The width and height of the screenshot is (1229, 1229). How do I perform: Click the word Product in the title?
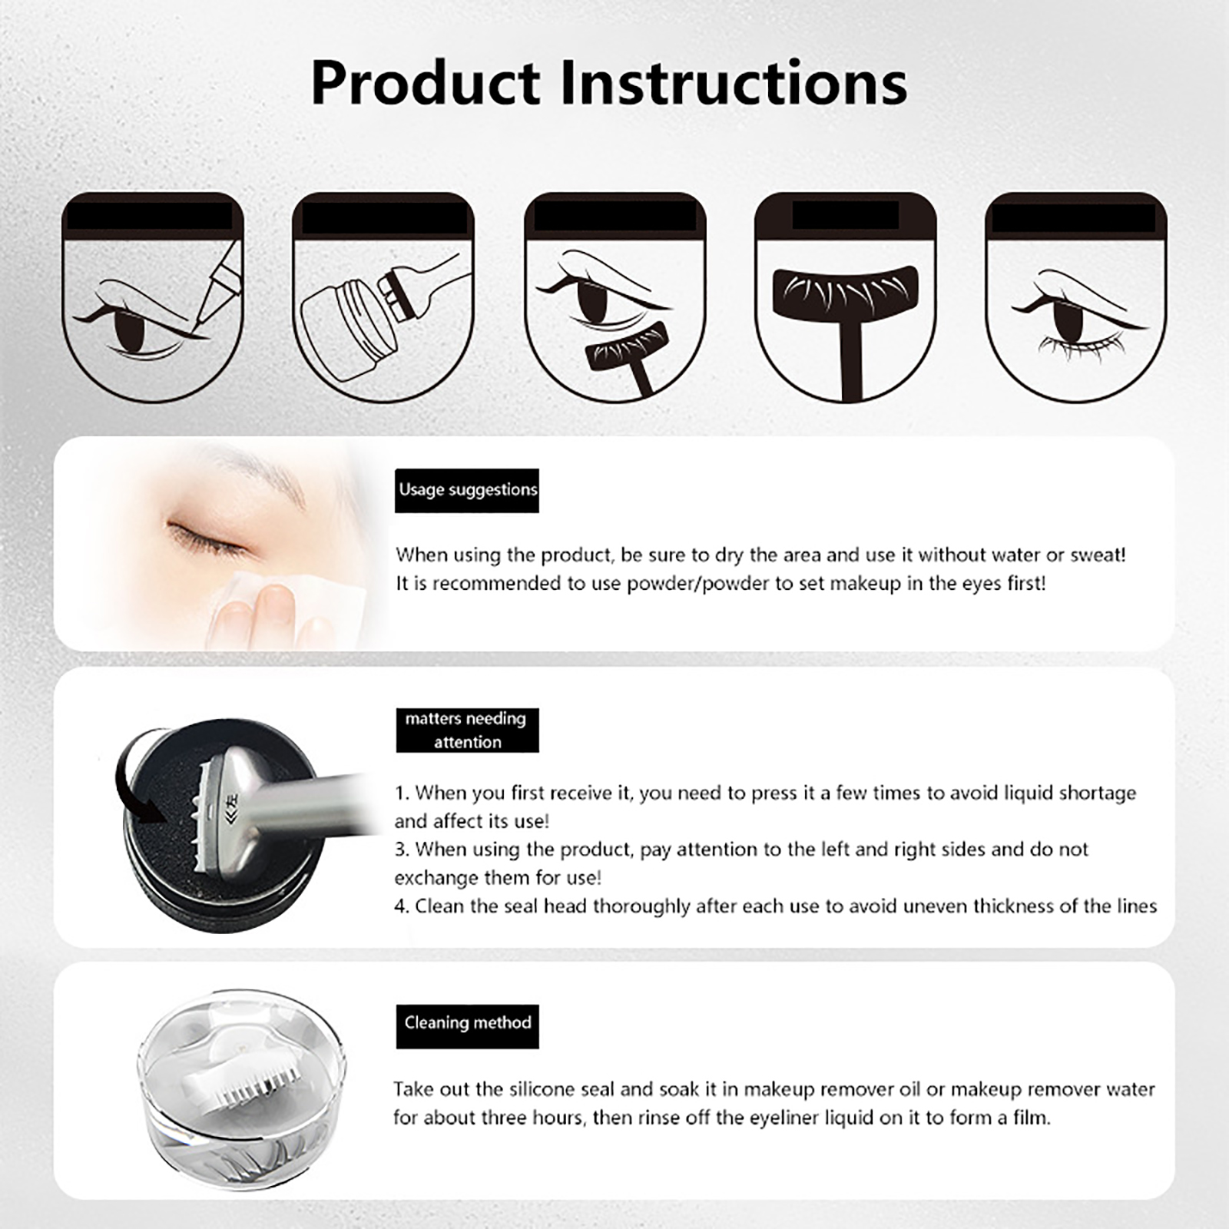point(426,83)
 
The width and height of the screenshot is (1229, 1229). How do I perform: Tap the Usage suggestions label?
point(467,490)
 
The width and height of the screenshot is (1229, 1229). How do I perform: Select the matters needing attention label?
point(467,730)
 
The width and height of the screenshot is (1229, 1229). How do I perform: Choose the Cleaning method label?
point(467,1026)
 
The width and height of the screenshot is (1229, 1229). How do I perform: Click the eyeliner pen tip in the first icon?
point(197,327)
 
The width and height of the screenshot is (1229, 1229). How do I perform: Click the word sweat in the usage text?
point(1095,555)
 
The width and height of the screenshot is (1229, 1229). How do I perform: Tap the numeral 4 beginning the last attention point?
point(400,907)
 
